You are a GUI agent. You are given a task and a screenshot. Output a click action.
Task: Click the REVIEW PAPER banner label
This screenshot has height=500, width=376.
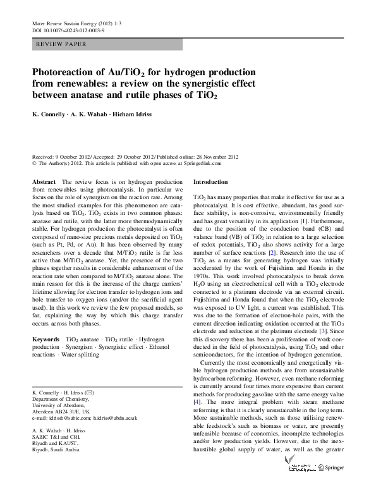tap(62, 45)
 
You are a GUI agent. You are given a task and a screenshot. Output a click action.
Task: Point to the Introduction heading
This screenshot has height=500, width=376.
tap(210, 181)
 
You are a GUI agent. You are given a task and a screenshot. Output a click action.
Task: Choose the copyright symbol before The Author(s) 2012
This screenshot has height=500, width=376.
tap(35, 163)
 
